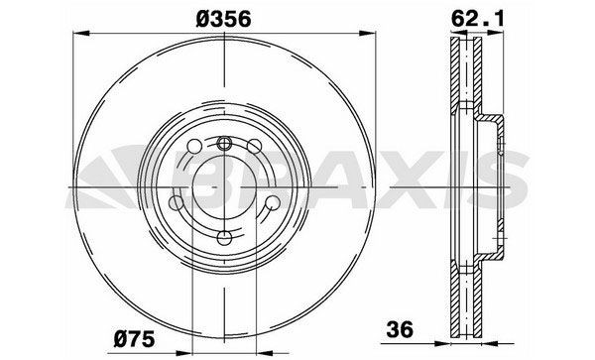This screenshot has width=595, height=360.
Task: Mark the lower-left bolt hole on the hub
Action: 179,206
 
